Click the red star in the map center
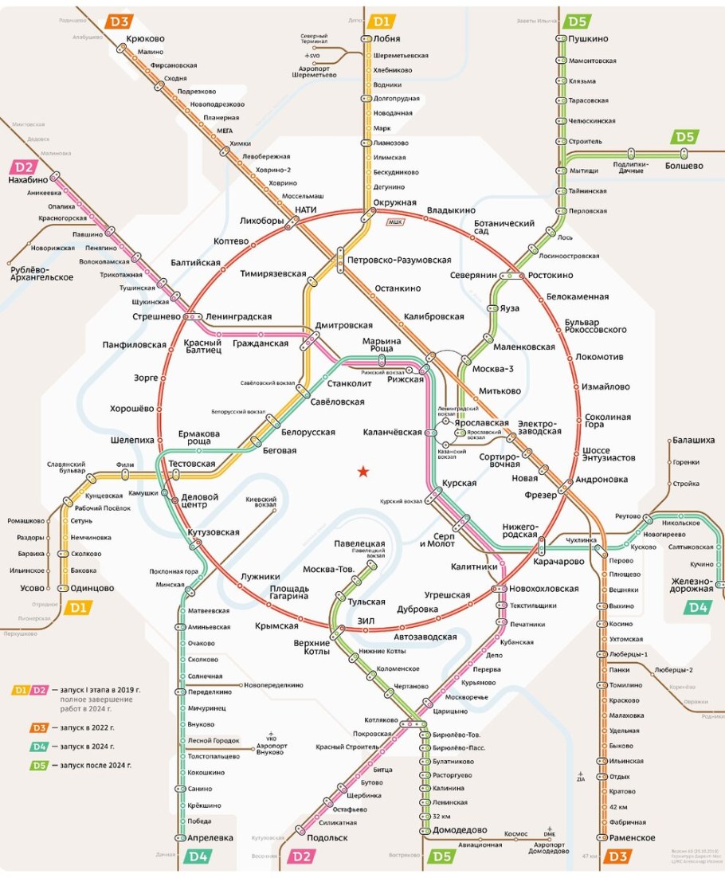click(363, 472)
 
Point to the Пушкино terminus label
click(588, 38)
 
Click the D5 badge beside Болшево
click(686, 137)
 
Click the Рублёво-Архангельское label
click(41, 272)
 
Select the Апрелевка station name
click(210, 837)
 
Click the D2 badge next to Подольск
click(301, 856)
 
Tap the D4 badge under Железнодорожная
click(698, 607)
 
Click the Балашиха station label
click(695, 440)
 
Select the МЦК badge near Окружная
click(395, 221)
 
